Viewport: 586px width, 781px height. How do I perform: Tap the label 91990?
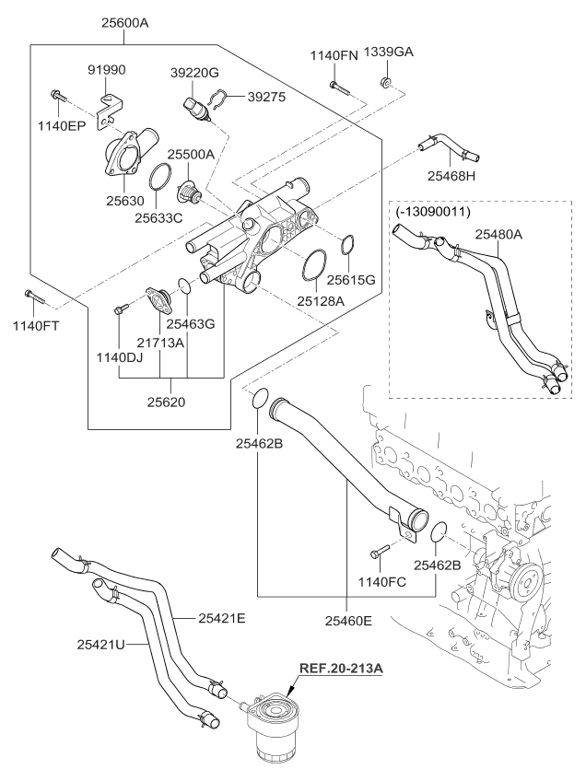point(107,69)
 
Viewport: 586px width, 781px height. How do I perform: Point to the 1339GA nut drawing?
point(387,86)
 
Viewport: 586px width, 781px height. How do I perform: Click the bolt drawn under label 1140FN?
point(338,87)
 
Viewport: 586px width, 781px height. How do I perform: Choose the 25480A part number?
point(498,235)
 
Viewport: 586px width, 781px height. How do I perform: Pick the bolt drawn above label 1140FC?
point(379,551)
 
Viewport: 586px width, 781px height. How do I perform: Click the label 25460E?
point(348,621)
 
